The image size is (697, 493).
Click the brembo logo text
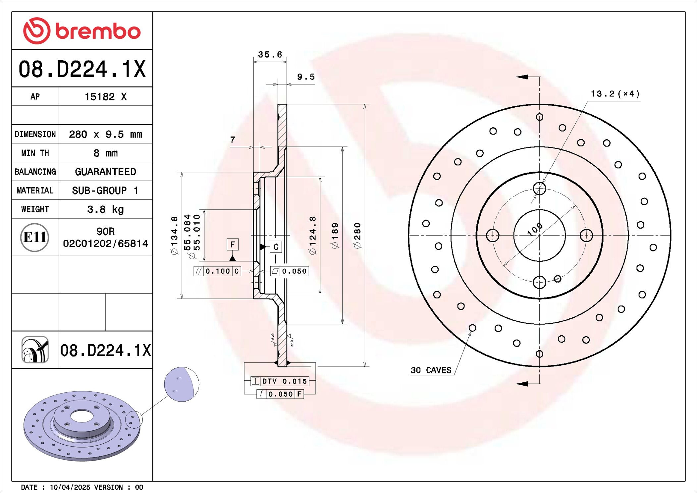(98, 31)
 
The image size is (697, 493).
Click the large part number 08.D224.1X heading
(82, 69)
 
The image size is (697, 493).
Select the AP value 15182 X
(105, 97)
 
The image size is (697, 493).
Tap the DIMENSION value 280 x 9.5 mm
(105, 135)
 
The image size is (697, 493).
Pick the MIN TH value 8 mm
(105, 153)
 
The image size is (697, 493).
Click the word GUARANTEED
(105, 172)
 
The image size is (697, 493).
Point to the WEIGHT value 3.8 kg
(105, 209)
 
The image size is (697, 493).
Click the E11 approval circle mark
(35, 237)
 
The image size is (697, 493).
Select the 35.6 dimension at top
(270, 54)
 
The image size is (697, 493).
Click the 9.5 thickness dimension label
(306, 77)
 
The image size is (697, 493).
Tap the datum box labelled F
(233, 245)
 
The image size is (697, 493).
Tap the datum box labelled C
(276, 247)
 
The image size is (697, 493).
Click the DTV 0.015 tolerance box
(280, 381)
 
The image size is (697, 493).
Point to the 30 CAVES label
(431, 370)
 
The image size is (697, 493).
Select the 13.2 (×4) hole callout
(615, 94)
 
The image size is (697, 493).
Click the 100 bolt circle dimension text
(535, 229)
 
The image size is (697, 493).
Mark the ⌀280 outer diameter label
(357, 235)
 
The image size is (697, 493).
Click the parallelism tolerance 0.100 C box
(217, 271)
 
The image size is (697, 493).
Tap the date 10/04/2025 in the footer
(70, 487)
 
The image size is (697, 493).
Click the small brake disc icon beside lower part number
(35, 350)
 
